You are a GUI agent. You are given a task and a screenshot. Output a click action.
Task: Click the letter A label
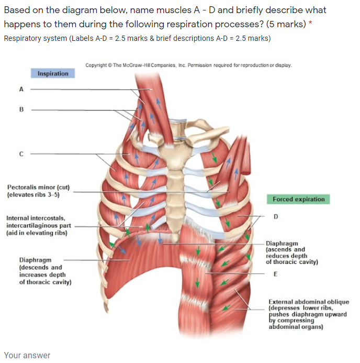click(21, 89)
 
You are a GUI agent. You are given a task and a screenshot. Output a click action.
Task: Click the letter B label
click(21, 111)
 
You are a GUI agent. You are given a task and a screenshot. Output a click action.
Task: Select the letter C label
click(21, 154)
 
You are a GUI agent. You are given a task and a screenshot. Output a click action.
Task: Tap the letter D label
click(276, 216)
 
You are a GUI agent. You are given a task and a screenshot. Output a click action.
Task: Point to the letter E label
click(275, 274)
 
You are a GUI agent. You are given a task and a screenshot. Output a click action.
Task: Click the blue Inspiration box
click(53, 74)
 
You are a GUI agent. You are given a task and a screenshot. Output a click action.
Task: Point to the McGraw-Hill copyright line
click(188, 65)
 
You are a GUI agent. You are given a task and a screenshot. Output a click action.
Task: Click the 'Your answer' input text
click(27, 355)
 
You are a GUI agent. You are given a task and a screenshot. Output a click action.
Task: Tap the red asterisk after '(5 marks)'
click(310, 25)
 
